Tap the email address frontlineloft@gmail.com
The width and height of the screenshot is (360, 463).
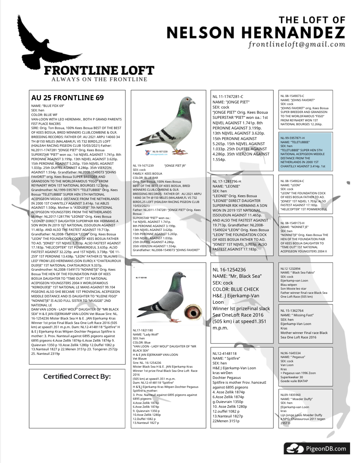tap(296, 44)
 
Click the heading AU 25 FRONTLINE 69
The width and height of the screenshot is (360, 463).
tap(67, 98)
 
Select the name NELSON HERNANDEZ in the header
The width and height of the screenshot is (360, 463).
tap(256, 32)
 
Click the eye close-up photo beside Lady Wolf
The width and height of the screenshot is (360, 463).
tap(192, 312)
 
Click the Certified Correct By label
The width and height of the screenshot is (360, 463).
tap(77, 376)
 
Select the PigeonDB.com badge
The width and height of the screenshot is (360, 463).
tap(316, 448)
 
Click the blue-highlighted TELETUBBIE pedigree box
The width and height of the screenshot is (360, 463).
tap(305, 151)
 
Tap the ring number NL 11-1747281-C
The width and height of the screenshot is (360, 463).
tap(228, 97)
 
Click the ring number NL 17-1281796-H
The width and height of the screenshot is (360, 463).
tap(227, 181)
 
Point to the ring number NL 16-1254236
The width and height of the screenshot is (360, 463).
tap(229, 270)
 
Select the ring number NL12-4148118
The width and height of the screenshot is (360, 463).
tap(224, 354)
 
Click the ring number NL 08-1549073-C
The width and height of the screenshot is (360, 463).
tap(292, 96)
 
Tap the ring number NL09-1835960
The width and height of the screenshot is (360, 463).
tap(290, 395)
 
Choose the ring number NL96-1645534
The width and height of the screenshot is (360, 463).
tap(290, 353)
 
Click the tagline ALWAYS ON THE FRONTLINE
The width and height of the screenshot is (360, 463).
tap(99, 79)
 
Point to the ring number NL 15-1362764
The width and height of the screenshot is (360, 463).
tap(292, 310)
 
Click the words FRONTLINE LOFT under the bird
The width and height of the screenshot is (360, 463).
tap(99, 70)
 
